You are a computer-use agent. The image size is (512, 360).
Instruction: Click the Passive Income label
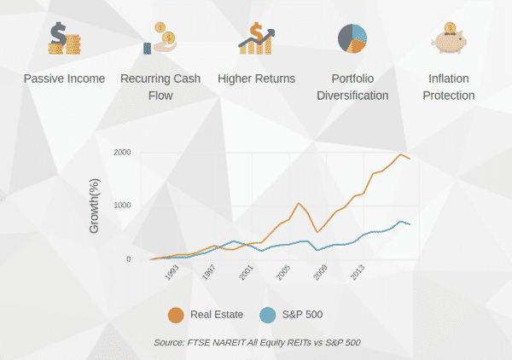point(64,78)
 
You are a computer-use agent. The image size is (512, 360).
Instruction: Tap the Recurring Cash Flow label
point(161,86)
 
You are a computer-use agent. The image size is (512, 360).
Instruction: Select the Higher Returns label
point(256,78)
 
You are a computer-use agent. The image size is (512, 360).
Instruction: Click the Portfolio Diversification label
point(352,86)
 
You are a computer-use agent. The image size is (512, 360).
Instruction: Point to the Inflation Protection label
point(450,86)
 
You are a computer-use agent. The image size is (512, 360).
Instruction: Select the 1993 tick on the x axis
point(172,275)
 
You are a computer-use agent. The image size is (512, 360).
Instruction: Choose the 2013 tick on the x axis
point(357,275)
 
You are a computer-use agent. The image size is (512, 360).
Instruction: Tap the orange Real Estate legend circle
point(176,315)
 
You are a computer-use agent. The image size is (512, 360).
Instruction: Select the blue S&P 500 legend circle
point(268,315)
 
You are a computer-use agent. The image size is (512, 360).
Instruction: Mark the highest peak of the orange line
point(400,154)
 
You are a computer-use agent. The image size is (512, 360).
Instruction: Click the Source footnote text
point(257,342)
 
